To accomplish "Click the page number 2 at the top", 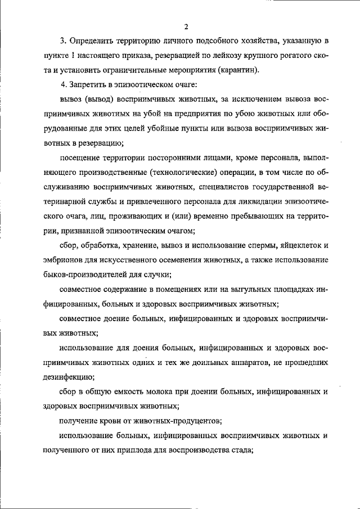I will (x=185, y=26).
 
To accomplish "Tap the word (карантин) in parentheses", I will (x=238, y=70).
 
